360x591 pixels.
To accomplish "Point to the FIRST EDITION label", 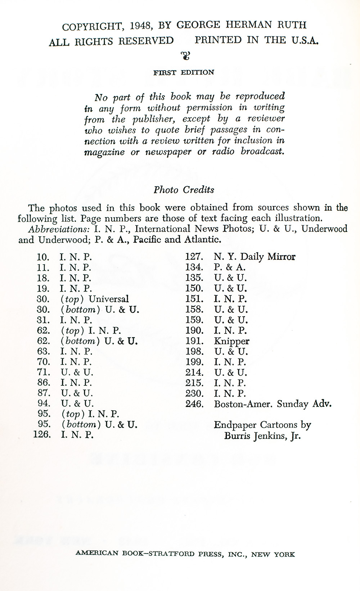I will click(x=184, y=72).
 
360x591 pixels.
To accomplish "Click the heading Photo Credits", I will click(x=184, y=190).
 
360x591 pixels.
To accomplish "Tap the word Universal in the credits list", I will click(x=108, y=299).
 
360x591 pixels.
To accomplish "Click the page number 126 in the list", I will click(x=42, y=434).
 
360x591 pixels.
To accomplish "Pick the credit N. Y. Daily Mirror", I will click(x=255, y=257).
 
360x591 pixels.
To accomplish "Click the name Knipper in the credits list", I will click(x=231, y=341).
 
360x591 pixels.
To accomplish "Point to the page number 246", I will click(x=194, y=404).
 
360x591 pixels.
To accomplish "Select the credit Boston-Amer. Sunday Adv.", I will click(x=273, y=404).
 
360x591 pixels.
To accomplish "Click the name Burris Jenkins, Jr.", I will click(x=262, y=436).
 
